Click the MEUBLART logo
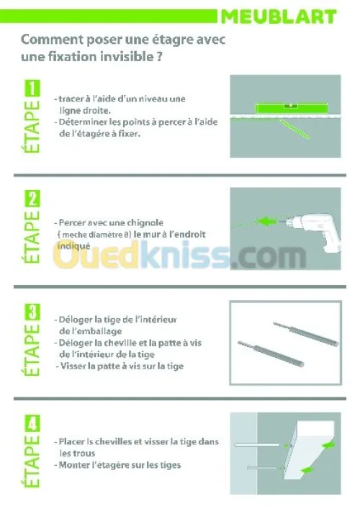279,17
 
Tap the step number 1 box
32,89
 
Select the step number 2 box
32,199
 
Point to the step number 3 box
32,312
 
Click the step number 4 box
32,423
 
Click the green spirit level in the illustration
291,108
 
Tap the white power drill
310,229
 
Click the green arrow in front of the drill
267,222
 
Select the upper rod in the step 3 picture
306,334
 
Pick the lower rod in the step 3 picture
271,353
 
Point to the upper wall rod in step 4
257,444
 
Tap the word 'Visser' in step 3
73,366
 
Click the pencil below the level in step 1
294,129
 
